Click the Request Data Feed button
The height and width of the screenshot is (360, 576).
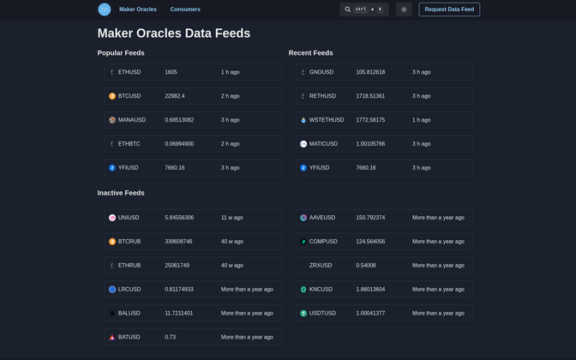pos(449,9)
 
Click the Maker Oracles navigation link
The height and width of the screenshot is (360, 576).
pos(138,9)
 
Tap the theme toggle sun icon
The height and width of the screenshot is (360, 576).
pos(404,9)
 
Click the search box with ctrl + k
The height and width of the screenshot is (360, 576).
pos(364,9)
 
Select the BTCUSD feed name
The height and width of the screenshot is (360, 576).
pos(129,96)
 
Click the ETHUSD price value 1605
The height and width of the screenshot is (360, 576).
pos(171,72)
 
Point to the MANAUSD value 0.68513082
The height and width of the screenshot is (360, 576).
pos(179,120)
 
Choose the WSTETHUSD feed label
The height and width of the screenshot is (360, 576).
pos(327,120)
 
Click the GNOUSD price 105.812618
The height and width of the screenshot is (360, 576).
pos(370,72)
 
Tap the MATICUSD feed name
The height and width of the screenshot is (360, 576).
pos(323,144)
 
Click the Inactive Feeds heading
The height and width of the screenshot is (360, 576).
pos(121,193)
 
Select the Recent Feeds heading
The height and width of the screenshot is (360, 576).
pos(311,53)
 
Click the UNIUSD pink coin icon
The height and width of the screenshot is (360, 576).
pos(112,218)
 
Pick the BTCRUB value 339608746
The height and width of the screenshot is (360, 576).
pos(179,242)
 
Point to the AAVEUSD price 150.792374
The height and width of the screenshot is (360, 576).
pos(370,218)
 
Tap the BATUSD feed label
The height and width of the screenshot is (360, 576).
pos(129,337)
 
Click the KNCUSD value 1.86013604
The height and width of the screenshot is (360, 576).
pos(370,290)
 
